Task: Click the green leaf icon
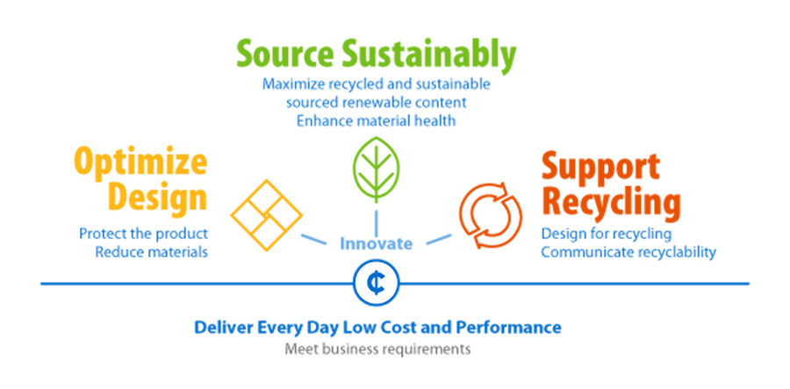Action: [377, 170]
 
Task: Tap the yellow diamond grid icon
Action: [267, 215]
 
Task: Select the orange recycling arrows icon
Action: [491, 215]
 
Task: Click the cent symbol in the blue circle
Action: [377, 283]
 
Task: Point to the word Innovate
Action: [377, 244]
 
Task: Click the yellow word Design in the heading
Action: [158, 198]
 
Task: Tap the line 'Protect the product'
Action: [144, 234]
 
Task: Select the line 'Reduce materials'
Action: [151, 252]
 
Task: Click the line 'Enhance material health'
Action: [376, 121]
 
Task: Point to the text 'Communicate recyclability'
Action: [628, 252]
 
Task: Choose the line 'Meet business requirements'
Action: [377, 349]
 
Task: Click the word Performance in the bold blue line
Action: [508, 328]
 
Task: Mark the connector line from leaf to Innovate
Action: [377, 221]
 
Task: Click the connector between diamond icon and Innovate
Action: [313, 239]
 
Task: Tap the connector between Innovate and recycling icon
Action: [439, 239]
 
